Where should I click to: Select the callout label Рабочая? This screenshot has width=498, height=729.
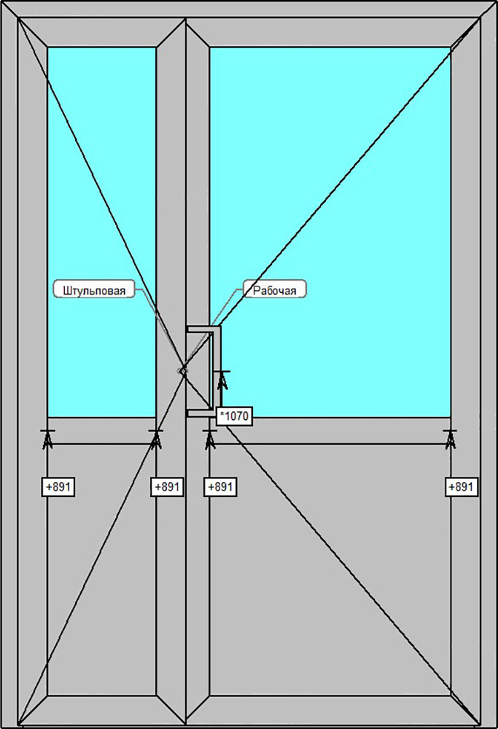[274, 289]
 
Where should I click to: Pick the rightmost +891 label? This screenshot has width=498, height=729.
[462, 486]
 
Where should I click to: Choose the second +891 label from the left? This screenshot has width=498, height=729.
[166, 486]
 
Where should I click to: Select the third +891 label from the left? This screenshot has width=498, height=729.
[220, 486]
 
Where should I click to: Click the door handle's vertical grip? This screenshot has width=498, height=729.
[217, 368]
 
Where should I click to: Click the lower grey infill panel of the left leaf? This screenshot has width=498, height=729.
[101, 569]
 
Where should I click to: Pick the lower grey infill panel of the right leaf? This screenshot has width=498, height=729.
[330, 569]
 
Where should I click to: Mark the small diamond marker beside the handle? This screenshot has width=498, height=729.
[183, 370]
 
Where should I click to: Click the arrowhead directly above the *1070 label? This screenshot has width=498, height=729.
[223, 379]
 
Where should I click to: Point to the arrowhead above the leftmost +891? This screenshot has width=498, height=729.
[47, 438]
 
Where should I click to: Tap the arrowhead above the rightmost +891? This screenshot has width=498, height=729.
[450, 438]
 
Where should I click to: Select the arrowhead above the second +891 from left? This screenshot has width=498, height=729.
[155, 438]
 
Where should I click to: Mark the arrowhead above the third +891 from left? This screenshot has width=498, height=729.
[210, 438]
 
